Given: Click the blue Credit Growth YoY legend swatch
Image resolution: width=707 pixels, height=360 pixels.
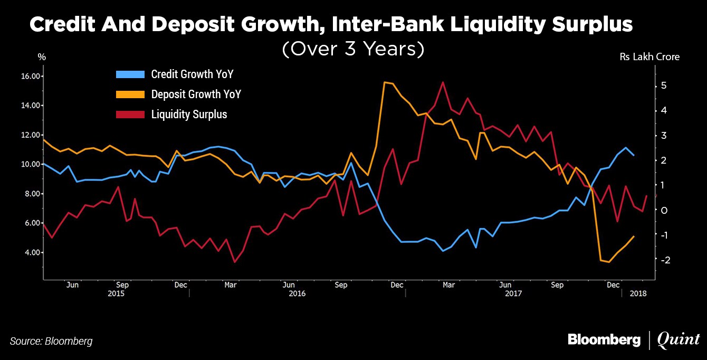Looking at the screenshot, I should (x=129, y=74).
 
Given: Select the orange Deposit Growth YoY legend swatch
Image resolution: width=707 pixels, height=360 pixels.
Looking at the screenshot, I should (x=129, y=94).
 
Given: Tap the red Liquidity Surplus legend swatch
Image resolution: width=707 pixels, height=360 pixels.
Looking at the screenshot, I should (x=129, y=114).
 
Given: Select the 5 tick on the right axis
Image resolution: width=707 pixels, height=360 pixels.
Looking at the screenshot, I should (x=665, y=86).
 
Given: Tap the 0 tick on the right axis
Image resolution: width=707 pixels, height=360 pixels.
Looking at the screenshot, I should (x=665, y=210).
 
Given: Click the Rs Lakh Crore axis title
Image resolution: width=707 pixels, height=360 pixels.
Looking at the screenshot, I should (x=649, y=57).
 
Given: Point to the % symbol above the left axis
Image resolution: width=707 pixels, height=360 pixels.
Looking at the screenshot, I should (x=42, y=57).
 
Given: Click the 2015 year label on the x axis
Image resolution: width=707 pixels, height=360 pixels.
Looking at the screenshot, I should (x=116, y=293).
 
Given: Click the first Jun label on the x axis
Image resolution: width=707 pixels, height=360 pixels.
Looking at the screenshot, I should (x=72, y=285).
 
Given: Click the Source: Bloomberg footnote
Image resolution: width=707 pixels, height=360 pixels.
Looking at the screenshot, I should (x=51, y=341).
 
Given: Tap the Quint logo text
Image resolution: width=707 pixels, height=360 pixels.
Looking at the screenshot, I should (x=678, y=340).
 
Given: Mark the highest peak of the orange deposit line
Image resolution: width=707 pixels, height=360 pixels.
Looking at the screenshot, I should (x=385, y=82).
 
